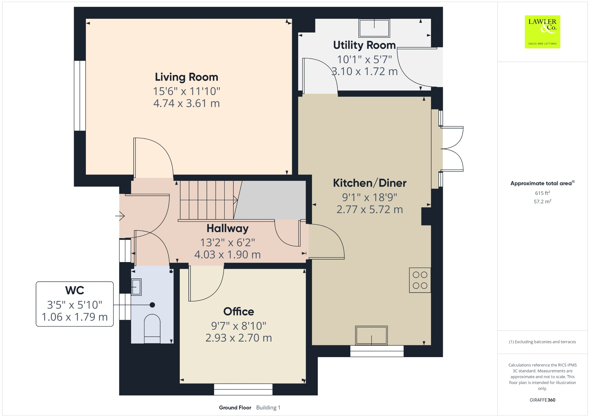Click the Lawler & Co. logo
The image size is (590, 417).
click(542, 32)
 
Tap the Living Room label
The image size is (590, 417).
click(186, 77)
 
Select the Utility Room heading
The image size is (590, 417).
click(364, 45)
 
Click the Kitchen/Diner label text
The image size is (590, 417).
click(369, 183)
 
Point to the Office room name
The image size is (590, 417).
click(239, 312)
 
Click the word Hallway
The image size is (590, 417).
click(227, 229)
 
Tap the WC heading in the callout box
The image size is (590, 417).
click(75, 291)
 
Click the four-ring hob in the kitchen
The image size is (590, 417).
click(420, 280)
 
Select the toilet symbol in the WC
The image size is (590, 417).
click(152, 328)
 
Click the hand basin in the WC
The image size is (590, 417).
click(136, 287)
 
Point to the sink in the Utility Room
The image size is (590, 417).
click(374, 28)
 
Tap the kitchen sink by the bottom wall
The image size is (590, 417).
click(371, 336)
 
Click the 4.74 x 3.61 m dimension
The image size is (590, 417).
click(186, 103)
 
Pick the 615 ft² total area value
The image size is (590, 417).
click(542, 193)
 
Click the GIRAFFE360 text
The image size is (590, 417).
click(542, 400)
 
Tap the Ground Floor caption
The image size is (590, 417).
click(235, 407)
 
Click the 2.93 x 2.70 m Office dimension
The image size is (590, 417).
click(239, 338)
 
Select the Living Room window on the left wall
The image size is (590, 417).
click(80, 96)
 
